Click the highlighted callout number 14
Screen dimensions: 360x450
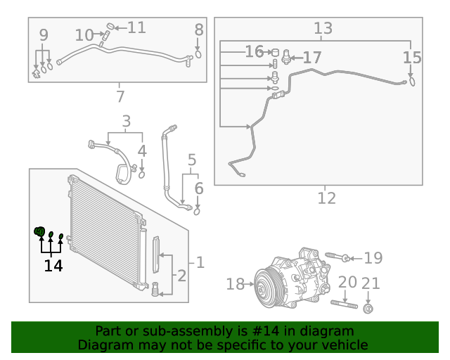click(53, 266)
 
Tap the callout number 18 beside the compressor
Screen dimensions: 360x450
click(235, 284)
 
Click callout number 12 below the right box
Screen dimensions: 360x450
click(326, 198)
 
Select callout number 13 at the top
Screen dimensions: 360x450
click(323, 29)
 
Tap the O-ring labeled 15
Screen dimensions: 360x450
click(412, 82)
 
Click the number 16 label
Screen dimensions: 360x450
click(254, 52)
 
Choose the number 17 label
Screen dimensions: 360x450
click(311, 57)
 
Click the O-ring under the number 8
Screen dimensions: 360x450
click(199, 53)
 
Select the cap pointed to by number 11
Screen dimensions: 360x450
click(109, 27)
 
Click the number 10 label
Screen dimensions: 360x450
click(84, 34)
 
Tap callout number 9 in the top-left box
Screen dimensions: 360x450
click(44, 34)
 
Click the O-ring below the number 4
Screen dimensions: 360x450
click(141, 175)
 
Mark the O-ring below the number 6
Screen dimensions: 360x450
click(198, 210)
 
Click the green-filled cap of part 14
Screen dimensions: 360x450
click(40, 231)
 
